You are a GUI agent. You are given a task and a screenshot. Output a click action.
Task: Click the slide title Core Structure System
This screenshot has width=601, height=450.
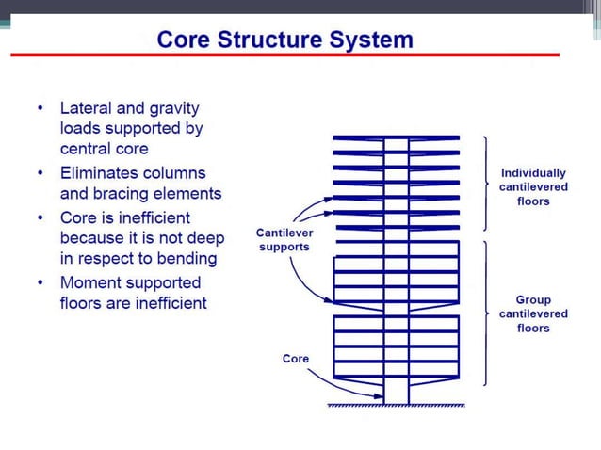pos(284,40)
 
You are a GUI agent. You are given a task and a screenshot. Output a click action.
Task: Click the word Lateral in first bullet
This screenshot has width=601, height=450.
pos(87,108)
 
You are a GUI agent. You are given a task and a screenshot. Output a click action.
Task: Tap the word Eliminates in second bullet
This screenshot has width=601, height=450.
pos(104,173)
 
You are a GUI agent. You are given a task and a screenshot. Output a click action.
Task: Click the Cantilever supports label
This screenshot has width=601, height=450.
pos(284,239)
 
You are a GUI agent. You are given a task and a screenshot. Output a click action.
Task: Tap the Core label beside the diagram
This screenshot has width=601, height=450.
pos(295,359)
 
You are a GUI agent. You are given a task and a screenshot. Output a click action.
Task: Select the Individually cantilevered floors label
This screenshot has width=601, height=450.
pos(533,186)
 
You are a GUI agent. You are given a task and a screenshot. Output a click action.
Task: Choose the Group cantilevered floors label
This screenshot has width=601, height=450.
pos(533,313)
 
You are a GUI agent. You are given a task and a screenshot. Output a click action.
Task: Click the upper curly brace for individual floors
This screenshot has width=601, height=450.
pos(487,184)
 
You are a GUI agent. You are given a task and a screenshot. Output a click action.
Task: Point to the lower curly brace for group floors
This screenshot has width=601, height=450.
pos(487,313)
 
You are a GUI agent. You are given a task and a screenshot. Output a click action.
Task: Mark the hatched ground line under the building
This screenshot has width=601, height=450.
pos(396,406)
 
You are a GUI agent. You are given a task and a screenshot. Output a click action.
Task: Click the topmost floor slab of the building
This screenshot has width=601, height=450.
pos(396,137)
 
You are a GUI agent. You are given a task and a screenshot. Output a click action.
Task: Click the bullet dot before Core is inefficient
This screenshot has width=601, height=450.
pos(40,217)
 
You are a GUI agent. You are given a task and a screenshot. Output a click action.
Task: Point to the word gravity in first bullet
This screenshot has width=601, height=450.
pos(175,108)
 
